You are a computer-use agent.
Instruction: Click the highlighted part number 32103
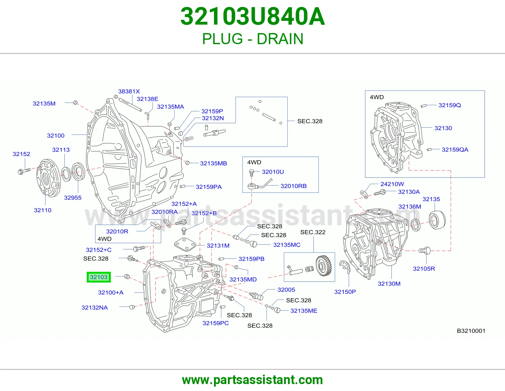[x=98, y=277]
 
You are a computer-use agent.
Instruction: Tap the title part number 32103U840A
[x=252, y=16]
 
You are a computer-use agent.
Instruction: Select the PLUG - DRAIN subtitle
[x=252, y=39]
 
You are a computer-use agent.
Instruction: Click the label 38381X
[x=129, y=91]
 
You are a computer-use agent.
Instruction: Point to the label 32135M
[x=44, y=103]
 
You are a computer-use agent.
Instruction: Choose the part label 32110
[x=43, y=210]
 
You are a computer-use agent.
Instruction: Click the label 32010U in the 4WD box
[x=273, y=172]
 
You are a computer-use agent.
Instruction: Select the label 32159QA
[x=455, y=149]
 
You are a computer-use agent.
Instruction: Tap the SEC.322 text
[x=313, y=232]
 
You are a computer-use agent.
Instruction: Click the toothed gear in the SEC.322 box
[x=323, y=266]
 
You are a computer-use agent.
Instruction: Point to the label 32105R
[x=424, y=269]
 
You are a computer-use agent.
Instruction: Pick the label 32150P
[x=345, y=292]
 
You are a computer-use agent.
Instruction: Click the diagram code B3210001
[x=471, y=331]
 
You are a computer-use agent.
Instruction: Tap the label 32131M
[x=218, y=246]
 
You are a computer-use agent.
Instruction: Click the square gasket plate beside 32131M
[x=185, y=245]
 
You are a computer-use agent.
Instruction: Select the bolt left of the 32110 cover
[x=24, y=171]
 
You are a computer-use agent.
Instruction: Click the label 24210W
[x=392, y=184]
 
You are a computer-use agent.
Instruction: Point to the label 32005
[x=286, y=290]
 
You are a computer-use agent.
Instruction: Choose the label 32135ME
[x=304, y=311]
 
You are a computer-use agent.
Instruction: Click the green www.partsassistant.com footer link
[x=252, y=380]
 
